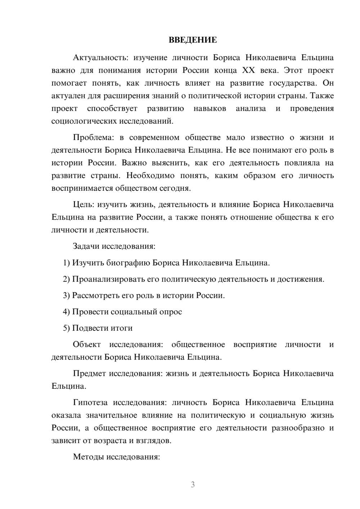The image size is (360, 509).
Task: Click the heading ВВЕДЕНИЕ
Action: coord(193,40)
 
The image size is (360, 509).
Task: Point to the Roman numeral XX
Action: coord(248,70)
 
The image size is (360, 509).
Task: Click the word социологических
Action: coord(82,121)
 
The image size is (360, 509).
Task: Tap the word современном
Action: coord(154,138)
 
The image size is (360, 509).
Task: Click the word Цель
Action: coord(83,204)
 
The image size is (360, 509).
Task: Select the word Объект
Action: coord(87,344)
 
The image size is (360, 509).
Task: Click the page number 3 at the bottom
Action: coord(193,485)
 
